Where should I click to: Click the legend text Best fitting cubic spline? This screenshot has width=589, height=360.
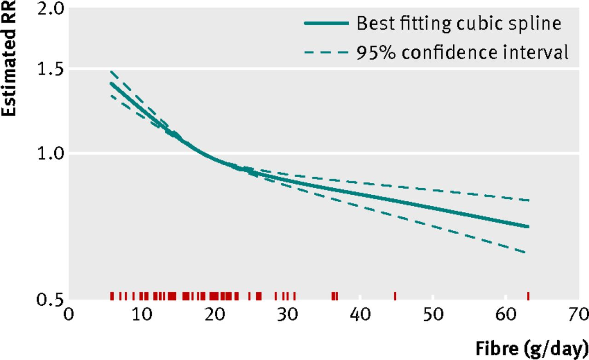[x=459, y=23]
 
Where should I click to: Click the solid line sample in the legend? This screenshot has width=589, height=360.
[x=326, y=23]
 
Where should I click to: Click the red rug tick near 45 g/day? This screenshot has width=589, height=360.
[x=395, y=296]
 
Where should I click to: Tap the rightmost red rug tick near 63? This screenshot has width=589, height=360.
[x=528, y=296]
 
